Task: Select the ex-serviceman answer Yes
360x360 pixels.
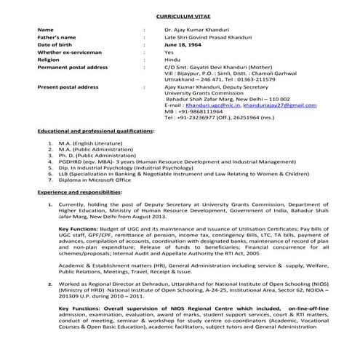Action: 169,52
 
